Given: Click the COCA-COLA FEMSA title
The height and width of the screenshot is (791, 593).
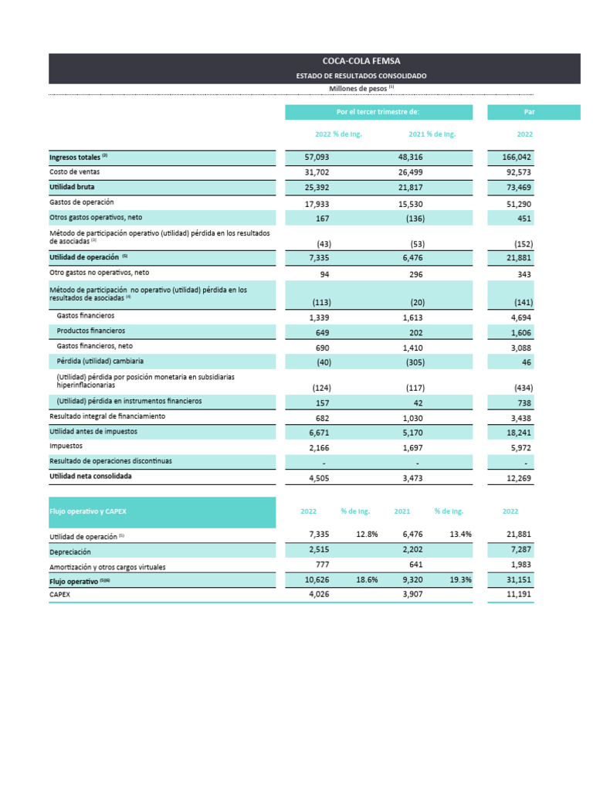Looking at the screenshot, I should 361,60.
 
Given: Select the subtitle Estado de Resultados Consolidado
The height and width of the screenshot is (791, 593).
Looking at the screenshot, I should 361,76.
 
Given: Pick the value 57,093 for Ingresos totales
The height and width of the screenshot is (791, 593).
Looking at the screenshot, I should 317,157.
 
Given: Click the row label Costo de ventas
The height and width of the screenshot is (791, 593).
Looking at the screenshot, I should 74,171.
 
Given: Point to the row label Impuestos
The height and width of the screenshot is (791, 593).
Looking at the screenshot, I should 66,446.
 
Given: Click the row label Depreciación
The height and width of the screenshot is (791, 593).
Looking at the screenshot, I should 70,552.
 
